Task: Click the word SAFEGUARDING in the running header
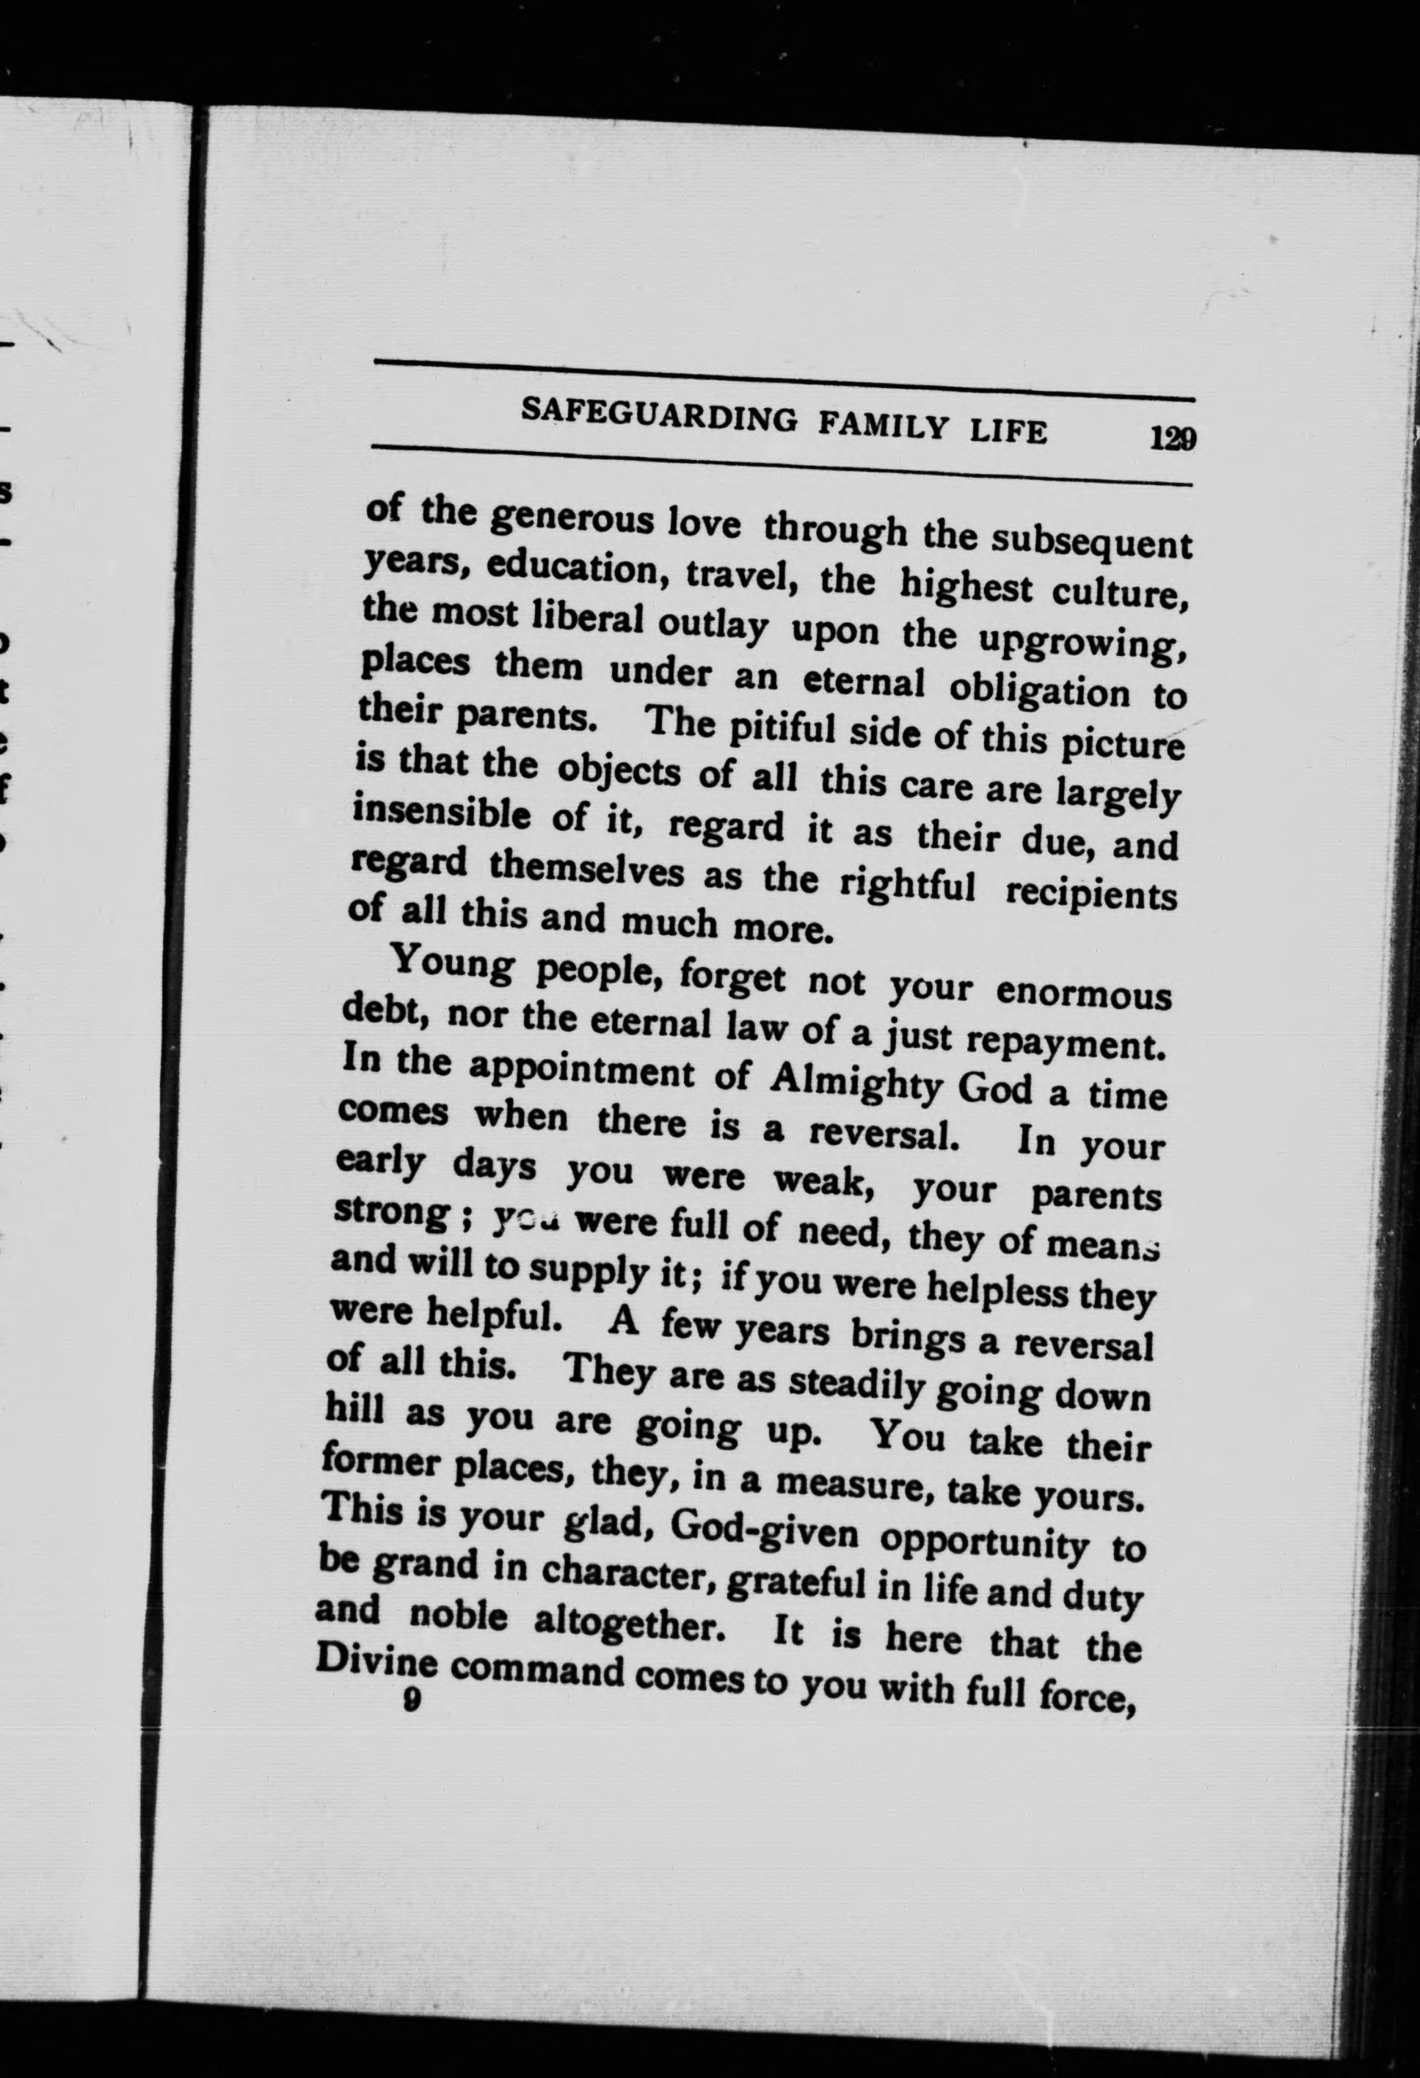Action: [x=658, y=418]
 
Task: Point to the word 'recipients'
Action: [x=1091, y=895]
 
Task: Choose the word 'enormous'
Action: [x=1082, y=994]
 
